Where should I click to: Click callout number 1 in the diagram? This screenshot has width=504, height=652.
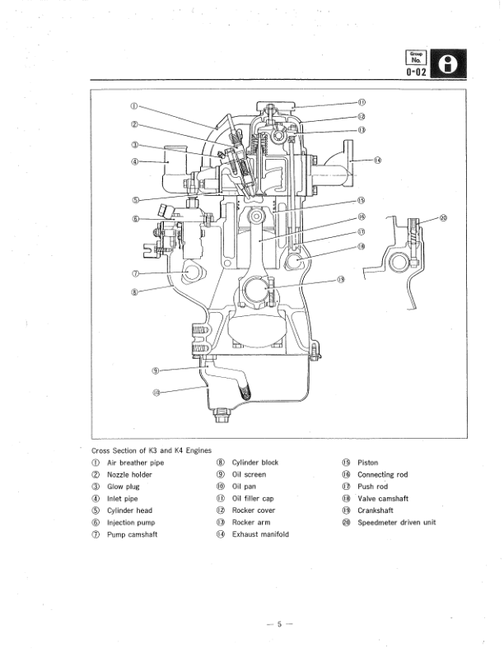point(134,105)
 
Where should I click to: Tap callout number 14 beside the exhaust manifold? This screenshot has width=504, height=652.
point(378,160)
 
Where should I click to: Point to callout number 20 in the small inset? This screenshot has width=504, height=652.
point(443,218)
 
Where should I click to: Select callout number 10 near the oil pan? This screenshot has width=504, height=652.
point(156,391)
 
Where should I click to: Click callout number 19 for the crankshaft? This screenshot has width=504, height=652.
point(340,279)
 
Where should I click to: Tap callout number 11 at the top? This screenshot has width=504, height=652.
point(362,102)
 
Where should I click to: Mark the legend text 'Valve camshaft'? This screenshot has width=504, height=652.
point(383,498)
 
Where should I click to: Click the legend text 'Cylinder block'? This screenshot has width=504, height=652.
point(255,463)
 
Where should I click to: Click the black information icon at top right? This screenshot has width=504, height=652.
point(450,64)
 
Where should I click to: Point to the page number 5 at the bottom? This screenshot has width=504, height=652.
point(279,623)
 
